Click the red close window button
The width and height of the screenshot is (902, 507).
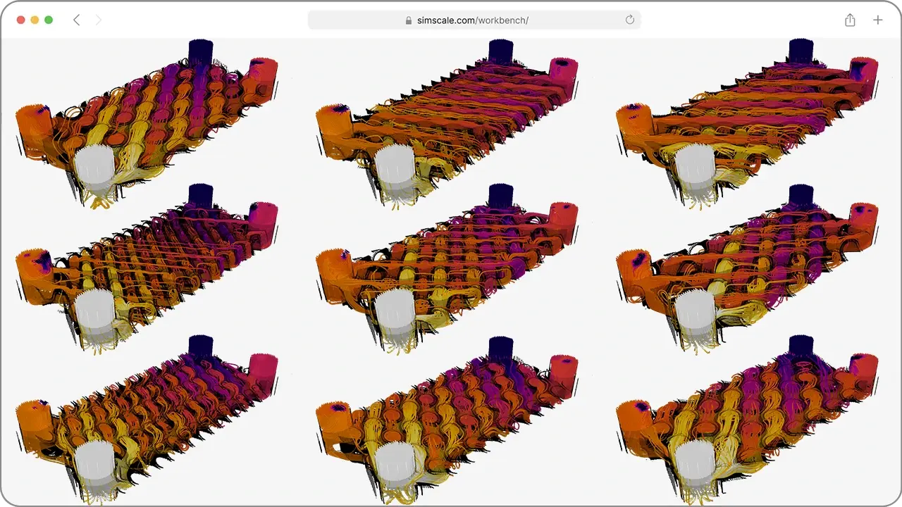click(x=20, y=20)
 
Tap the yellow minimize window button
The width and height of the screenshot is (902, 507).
click(x=35, y=20)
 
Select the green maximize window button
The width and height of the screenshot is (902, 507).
click(x=49, y=20)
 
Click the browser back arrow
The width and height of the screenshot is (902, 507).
click(x=76, y=20)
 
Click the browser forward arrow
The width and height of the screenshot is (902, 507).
click(x=98, y=20)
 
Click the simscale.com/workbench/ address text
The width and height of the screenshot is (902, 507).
click(x=472, y=20)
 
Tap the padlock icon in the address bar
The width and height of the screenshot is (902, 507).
click(x=409, y=20)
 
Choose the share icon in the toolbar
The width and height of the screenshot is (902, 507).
click(x=850, y=20)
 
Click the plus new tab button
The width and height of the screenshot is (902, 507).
click(x=877, y=20)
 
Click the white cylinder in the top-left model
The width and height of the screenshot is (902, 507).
click(x=94, y=169)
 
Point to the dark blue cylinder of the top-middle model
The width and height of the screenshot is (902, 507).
click(x=501, y=51)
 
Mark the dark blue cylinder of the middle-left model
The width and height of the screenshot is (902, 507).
click(x=201, y=195)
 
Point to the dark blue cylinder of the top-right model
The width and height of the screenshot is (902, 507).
click(x=801, y=51)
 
